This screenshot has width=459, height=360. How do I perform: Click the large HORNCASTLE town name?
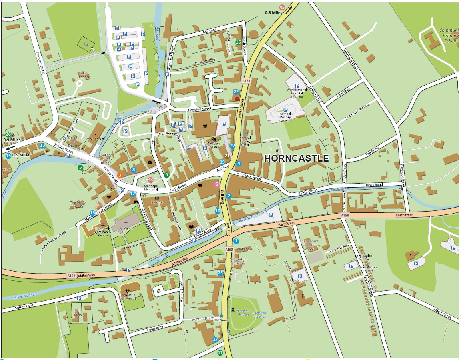297,158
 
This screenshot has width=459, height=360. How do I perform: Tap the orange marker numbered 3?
119,175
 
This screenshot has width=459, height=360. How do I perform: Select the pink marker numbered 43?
150,180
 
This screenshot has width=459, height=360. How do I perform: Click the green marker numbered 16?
238,42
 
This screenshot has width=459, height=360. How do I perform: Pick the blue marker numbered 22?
236,92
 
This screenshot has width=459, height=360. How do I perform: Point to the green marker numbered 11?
220,352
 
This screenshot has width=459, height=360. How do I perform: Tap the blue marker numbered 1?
236,241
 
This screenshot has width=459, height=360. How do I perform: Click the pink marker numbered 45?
282,7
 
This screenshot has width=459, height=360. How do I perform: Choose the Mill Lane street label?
210,31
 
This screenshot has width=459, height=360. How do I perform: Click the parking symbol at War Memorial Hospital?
297,86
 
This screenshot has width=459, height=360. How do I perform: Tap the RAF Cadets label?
77,313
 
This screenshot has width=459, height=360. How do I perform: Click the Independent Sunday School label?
308,245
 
